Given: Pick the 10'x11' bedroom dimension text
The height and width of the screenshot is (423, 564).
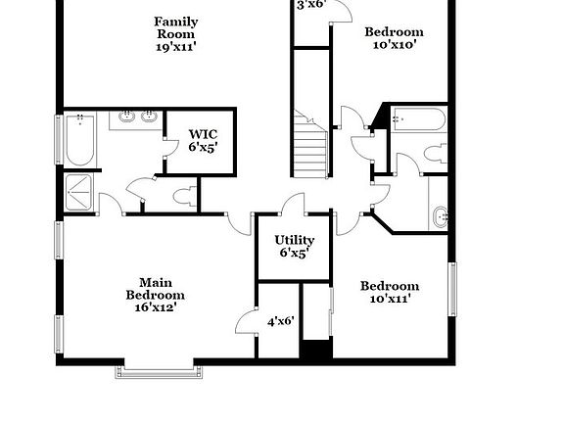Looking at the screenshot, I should pos(390,299).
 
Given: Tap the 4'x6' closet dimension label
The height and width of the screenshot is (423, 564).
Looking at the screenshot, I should pos(280,321).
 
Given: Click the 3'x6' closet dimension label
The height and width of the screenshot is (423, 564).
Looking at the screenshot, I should pos(311,5).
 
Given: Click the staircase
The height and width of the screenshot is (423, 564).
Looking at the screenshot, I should pos(311,144).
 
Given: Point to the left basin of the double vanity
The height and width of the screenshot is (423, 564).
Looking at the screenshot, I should pos(126,119).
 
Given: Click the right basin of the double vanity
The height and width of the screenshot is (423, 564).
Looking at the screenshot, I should pos(149,119).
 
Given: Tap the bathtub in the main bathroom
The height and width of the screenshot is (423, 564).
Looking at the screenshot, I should pos(79,140).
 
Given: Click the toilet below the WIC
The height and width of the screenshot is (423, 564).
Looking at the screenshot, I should pos(183,196).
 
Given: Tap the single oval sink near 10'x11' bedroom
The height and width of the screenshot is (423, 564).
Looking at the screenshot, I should pos(441,216).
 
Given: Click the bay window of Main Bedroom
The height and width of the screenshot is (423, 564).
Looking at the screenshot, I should pos(162,369).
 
